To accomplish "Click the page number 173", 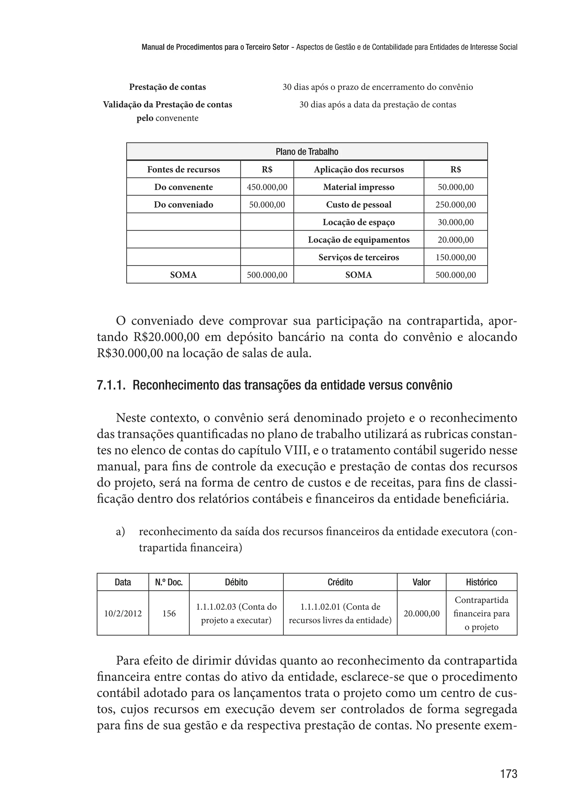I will point(508,774).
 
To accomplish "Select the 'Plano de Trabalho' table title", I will point(307,152).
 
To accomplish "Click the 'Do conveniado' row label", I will point(183,205).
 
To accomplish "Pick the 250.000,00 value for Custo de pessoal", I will point(455,205).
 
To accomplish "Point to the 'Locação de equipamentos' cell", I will point(358,240).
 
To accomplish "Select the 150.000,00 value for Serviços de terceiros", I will point(455,257).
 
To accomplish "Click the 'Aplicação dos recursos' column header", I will point(358,169).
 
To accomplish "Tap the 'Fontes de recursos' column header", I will point(183,169).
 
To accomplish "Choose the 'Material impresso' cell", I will point(358,187).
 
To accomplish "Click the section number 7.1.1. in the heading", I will point(111,385).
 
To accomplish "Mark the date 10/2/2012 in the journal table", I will point(123,613).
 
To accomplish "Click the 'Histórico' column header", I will point(481,582).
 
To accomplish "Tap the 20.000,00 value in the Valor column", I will point(421,613).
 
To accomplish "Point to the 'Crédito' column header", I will point(340,582).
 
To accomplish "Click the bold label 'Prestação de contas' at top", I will point(167,87).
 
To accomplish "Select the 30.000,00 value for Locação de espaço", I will point(455,222).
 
